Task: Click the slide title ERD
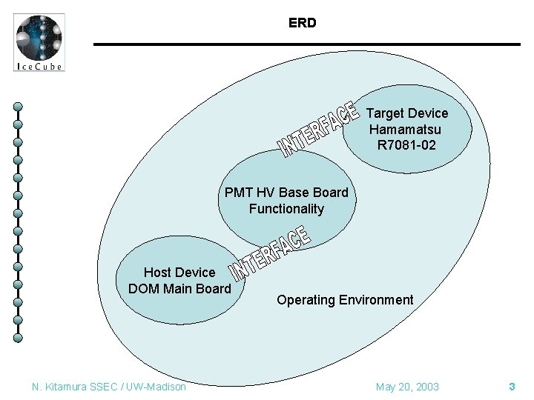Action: [x=302, y=23]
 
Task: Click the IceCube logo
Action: [x=39, y=42]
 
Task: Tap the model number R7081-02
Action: [x=406, y=145]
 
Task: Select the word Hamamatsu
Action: [x=406, y=129]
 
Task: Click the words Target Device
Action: [x=407, y=113]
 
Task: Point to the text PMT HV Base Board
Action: [x=286, y=193]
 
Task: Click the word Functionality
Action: [x=286, y=209]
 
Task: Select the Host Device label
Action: [x=179, y=273]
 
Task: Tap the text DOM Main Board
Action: [x=179, y=288]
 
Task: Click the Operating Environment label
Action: [x=345, y=300]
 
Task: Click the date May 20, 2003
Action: [x=407, y=387]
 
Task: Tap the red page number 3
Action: [x=512, y=387]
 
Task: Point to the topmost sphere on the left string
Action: [x=18, y=107]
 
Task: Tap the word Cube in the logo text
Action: [x=50, y=66]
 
